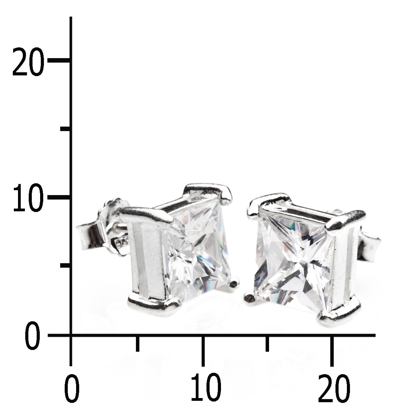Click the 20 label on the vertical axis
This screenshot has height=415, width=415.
[28, 62]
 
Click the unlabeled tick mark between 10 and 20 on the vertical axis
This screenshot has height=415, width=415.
[65, 129]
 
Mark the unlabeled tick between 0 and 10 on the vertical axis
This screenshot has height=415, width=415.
[65, 266]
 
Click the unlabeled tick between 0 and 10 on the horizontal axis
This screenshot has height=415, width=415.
[137, 343]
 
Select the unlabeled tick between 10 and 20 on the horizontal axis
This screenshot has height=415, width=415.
[267, 343]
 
